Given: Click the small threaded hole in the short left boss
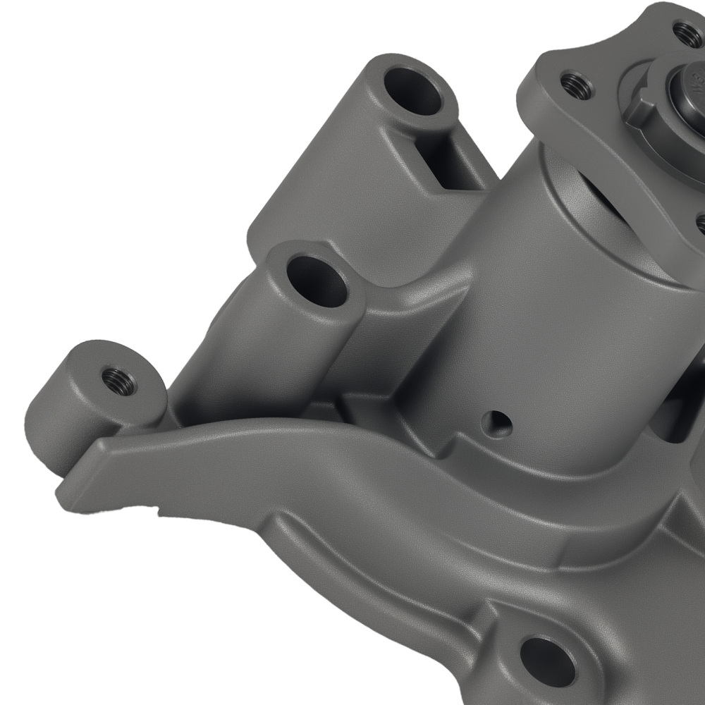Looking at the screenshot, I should pyautogui.click(x=116, y=381).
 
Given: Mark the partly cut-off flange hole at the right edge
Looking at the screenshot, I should pyautogui.click(x=700, y=224).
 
